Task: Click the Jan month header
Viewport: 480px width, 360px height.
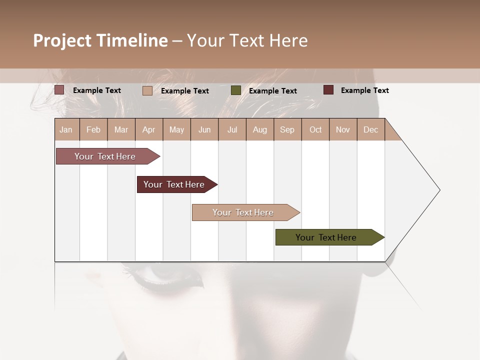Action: pyautogui.click(x=66, y=129)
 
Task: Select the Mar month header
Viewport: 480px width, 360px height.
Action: pyautogui.click(x=121, y=129)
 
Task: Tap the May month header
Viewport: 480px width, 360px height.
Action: pyautogui.click(x=176, y=129)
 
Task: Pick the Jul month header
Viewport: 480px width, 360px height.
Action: pyautogui.click(x=232, y=129)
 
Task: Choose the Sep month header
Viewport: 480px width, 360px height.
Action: pyautogui.click(x=287, y=129)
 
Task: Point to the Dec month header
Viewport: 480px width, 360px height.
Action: pyautogui.click(x=370, y=129)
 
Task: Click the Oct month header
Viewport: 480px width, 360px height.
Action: pyautogui.click(x=315, y=129)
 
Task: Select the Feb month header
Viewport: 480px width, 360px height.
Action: pyautogui.click(x=93, y=129)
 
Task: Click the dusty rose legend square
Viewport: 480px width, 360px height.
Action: pyautogui.click(x=59, y=90)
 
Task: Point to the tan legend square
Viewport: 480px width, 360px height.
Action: pyautogui.click(x=147, y=90)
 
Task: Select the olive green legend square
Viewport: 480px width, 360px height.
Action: pyautogui.click(x=236, y=90)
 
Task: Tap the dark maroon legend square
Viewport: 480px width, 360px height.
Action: pyautogui.click(x=328, y=90)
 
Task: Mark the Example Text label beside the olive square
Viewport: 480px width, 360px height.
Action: pyautogui.click(x=272, y=90)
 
